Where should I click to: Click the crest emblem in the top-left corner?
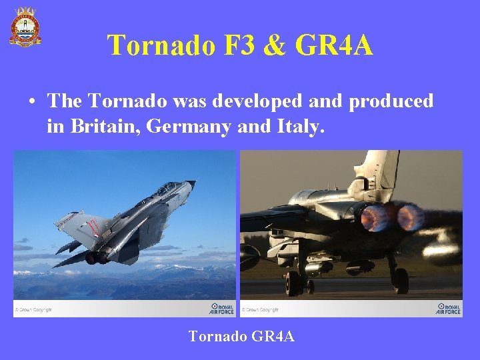point(25,27)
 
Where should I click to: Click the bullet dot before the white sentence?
point(32,102)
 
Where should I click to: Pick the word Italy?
point(299,125)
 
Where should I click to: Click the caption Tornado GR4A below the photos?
point(241,336)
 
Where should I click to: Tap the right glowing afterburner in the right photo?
point(409,217)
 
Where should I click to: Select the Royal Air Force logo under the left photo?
point(221,309)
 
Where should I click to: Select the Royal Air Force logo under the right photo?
point(448,309)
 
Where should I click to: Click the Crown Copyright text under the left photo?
point(35,309)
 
